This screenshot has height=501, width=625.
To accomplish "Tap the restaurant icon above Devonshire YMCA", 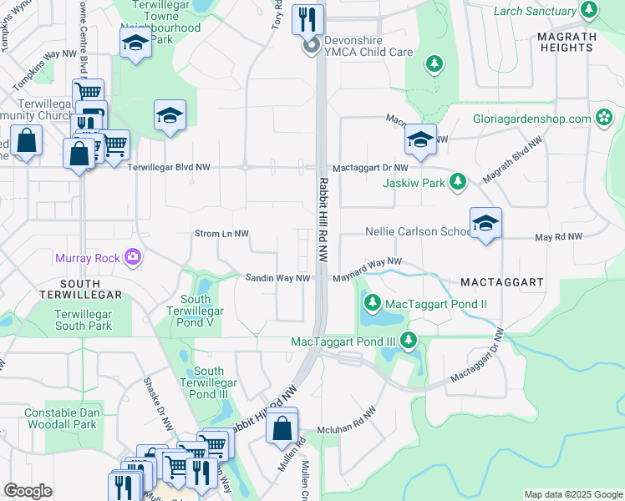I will [307, 18].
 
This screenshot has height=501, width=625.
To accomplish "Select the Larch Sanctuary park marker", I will [590, 11].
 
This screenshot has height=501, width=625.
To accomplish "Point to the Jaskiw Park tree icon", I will [457, 181].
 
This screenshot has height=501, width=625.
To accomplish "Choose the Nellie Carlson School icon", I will [485, 224].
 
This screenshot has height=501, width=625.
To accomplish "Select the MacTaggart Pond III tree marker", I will [409, 341].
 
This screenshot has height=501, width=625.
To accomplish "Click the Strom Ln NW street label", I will [221, 235].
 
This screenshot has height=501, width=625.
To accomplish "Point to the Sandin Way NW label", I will [277, 278].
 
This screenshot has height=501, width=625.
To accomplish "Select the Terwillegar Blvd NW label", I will [168, 168].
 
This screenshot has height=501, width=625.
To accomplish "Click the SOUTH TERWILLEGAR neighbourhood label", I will [80, 289].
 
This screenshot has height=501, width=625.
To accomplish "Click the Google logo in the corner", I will [28, 491].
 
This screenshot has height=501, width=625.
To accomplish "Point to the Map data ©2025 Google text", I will [572, 495].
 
